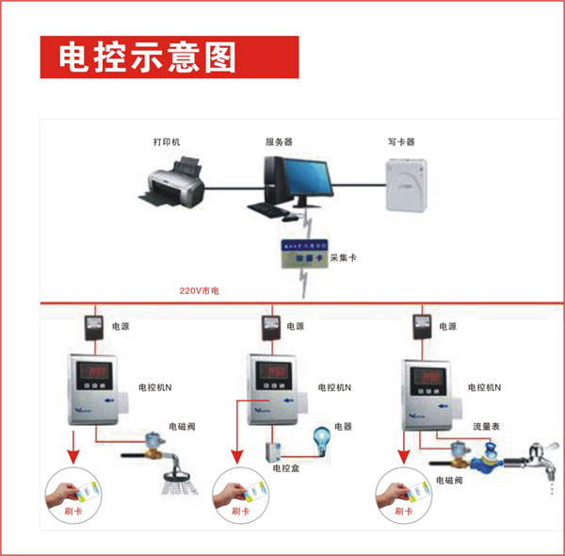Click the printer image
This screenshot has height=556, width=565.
coord(172,184)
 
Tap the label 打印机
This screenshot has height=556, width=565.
coord(167,142)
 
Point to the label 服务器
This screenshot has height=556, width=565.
coord(279,142)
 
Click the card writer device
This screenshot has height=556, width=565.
coord(406,184)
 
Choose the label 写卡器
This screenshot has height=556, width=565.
coord(401,142)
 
